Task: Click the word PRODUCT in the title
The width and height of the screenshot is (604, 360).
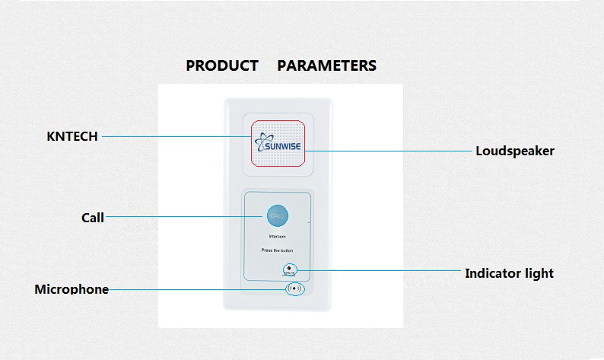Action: tap(222, 65)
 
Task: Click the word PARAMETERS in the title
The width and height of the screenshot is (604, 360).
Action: tap(326, 65)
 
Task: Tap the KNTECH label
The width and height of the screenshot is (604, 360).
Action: tap(72, 136)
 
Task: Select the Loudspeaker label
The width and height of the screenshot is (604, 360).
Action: tap(514, 151)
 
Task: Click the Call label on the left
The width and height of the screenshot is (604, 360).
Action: tap(92, 218)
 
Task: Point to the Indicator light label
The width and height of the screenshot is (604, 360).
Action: tap(509, 272)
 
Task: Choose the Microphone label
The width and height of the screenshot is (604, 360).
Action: tap(72, 289)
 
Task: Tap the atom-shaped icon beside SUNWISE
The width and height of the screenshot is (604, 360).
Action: tap(261, 142)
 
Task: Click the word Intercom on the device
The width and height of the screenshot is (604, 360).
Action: tap(277, 237)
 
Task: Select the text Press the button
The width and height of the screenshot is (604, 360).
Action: tap(277, 250)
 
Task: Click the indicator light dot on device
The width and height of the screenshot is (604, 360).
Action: tap(289, 268)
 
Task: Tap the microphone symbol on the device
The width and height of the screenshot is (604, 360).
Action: tap(294, 289)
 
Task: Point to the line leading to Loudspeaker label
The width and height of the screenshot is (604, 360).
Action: tap(388, 151)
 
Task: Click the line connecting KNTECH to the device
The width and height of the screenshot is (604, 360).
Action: tap(175, 136)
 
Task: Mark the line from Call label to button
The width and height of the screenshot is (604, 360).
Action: tap(183, 217)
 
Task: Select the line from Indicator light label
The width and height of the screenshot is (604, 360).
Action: tap(380, 270)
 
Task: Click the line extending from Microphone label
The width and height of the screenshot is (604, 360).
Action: tap(198, 289)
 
